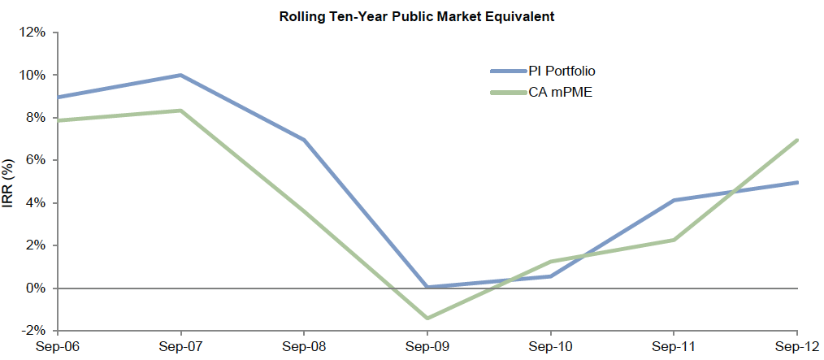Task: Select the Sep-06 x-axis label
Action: click(x=57, y=346)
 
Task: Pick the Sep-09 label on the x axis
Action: click(x=427, y=346)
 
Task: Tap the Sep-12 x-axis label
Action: click(x=797, y=346)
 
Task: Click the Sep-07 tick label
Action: click(x=180, y=346)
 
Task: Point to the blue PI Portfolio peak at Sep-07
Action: click(x=180, y=76)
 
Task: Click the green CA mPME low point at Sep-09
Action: click(x=427, y=318)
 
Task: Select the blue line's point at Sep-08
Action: click(x=304, y=140)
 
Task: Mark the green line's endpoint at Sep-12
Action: click(x=797, y=141)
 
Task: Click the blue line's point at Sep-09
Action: click(x=427, y=287)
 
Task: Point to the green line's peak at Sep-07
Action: click(x=180, y=111)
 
